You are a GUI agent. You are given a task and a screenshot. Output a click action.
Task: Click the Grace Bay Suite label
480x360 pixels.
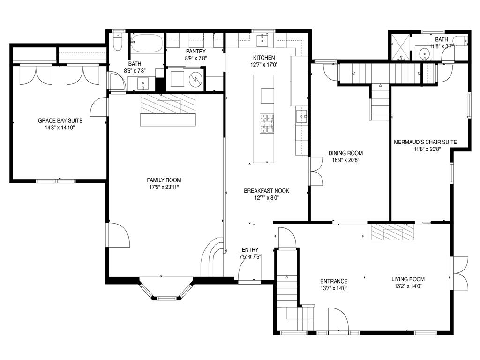[x=60, y=120]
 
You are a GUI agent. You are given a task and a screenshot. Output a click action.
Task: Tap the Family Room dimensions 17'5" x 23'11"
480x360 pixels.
[x=164, y=187]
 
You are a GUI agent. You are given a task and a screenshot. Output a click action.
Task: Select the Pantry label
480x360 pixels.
[x=195, y=51]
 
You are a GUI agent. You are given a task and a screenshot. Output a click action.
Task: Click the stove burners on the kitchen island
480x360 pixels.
[x=267, y=123]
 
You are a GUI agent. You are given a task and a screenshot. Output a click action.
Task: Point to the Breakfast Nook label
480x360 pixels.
[x=266, y=191]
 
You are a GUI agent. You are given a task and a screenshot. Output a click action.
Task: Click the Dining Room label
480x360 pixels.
[x=345, y=153]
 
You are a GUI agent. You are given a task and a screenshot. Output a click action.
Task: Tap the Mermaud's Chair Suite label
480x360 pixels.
[x=425, y=142]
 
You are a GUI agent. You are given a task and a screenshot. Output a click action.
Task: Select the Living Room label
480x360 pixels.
[x=408, y=279]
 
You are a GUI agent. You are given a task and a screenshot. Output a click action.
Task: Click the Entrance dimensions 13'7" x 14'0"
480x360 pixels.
[x=334, y=288]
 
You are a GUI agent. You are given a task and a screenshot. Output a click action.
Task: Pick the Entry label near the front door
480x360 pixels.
[x=250, y=250]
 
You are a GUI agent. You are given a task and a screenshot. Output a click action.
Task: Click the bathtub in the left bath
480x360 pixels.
[x=147, y=43]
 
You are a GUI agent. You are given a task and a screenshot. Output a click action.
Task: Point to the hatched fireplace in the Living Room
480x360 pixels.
[x=392, y=232]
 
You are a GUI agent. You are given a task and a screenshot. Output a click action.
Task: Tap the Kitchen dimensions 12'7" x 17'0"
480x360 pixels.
[x=264, y=65]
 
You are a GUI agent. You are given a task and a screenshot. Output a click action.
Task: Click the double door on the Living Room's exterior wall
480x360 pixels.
[x=459, y=273]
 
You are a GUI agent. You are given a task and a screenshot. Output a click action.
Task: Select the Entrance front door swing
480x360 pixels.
[x=338, y=320]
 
